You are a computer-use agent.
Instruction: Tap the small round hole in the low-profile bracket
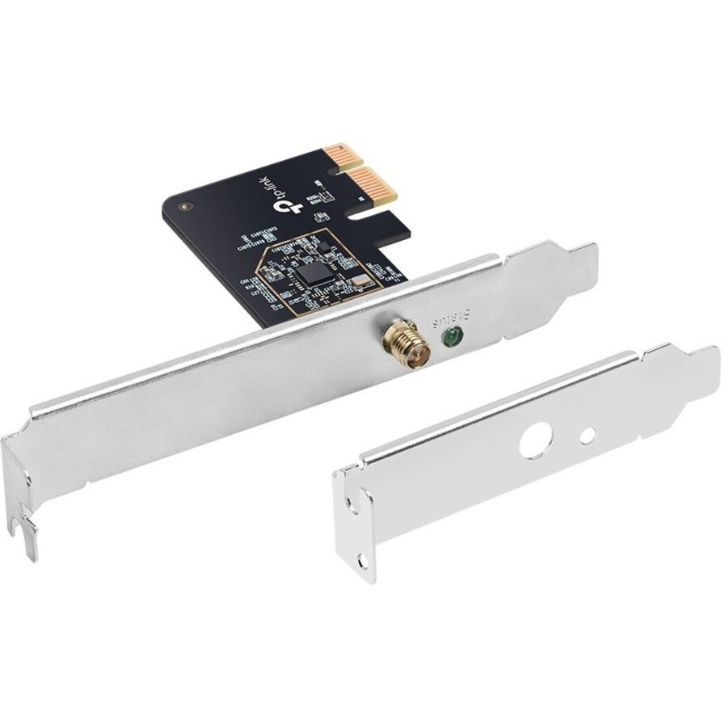pyautogui.click(x=589, y=436)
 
